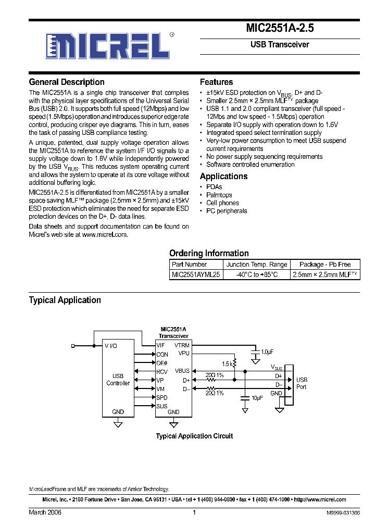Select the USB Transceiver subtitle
coord(280,45)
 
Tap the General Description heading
coord(67,82)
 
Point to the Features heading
coord(216,82)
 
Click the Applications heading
coord(223,177)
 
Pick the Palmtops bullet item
coord(219,195)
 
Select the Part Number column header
coord(189,265)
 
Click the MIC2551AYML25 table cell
coord(196,274)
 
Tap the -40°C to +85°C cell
coord(256,274)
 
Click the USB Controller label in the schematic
coord(118,380)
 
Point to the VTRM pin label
coord(182,345)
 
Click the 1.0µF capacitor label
coord(267,353)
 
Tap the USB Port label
coord(302,383)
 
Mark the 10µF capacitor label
coord(257,398)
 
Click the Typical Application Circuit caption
coord(194,436)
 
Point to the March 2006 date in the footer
coord(45,512)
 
